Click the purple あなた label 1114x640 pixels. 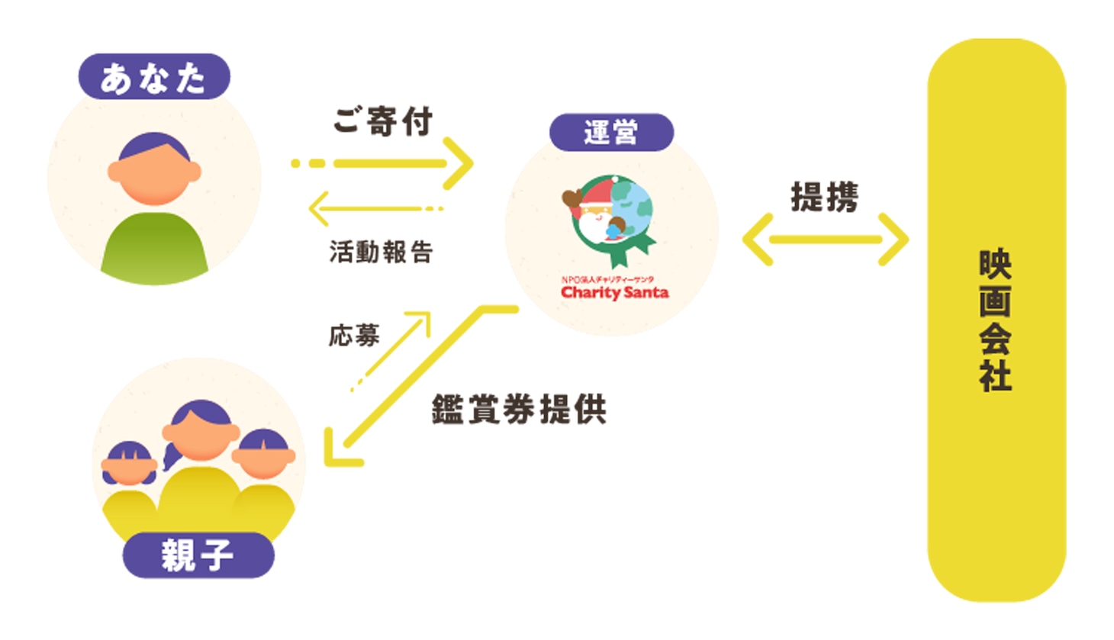tap(153, 77)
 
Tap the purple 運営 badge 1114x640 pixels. tap(611, 132)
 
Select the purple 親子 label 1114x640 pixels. tap(198, 555)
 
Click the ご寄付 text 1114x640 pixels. tap(383, 121)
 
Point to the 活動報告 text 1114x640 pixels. tap(381, 252)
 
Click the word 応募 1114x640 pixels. tap(354, 335)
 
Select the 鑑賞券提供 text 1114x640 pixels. tap(519, 410)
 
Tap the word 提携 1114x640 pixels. tap(825, 198)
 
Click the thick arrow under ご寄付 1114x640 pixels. tap(389, 163)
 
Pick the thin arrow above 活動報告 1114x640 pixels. tap(374, 208)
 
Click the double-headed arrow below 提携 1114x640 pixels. tap(826, 240)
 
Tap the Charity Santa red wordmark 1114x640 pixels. tap(614, 292)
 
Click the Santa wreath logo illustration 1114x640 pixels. tap(610, 217)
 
